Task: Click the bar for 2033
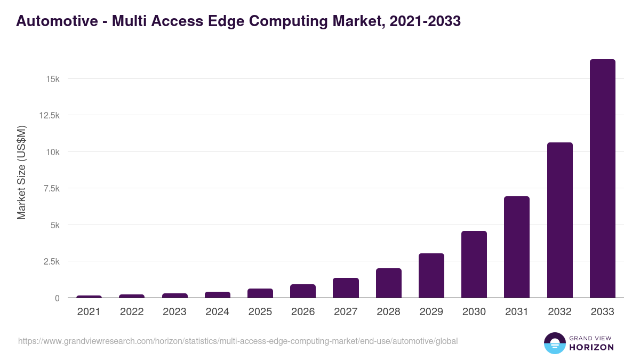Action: click(x=602, y=179)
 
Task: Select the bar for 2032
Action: click(x=559, y=220)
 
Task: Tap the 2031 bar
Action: click(x=517, y=247)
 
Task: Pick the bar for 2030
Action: click(x=474, y=265)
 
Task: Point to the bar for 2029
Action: click(x=431, y=276)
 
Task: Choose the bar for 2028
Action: click(x=388, y=283)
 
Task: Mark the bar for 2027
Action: click(x=346, y=288)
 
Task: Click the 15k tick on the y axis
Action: click(x=52, y=79)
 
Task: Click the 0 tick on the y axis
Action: click(x=57, y=298)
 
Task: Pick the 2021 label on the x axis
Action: click(x=89, y=312)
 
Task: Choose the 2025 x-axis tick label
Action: click(x=260, y=312)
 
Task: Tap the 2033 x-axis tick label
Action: click(x=602, y=312)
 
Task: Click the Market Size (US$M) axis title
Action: click(x=21, y=172)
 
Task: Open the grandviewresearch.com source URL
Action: click(x=238, y=341)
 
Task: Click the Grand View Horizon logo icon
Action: click(x=555, y=343)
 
